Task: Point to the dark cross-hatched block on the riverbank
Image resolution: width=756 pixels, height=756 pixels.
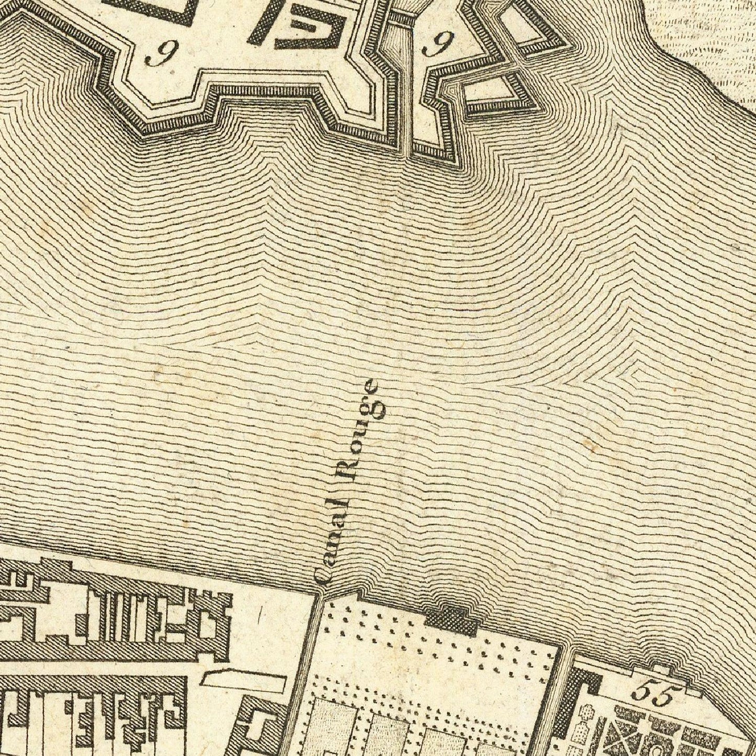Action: (452, 621)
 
